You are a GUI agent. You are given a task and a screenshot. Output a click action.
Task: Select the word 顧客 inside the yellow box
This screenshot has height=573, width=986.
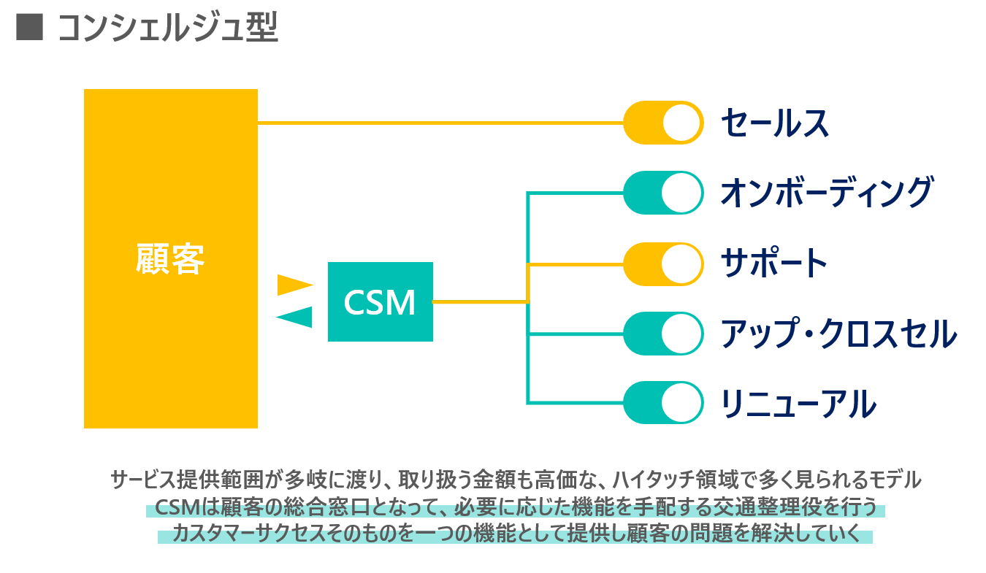[170, 258]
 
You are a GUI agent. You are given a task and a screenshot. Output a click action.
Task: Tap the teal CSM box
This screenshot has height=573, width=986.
[380, 301]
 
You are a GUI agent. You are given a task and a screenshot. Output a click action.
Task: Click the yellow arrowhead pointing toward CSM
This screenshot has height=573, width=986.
[294, 285]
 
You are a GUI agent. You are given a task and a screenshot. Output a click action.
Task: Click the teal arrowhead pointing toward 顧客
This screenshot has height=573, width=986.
[295, 318]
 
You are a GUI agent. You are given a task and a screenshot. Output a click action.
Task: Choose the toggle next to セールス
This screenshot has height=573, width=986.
[662, 123]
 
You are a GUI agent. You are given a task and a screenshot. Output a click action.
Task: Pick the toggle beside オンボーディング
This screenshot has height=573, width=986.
[662, 193]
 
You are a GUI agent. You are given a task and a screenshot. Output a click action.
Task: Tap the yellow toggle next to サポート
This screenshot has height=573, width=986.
[662, 263]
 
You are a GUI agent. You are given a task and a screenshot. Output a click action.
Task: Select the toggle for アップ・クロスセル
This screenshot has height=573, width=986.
[662, 333]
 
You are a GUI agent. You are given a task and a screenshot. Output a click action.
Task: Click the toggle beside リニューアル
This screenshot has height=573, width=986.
[662, 403]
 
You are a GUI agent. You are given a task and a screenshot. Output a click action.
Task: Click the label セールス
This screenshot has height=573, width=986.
[775, 123]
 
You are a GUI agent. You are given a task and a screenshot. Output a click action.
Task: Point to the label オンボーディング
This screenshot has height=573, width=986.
[826, 193]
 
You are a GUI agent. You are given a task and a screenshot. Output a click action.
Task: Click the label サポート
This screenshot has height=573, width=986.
[774, 263]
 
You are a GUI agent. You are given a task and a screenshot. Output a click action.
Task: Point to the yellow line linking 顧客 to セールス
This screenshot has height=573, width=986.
[438, 123]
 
